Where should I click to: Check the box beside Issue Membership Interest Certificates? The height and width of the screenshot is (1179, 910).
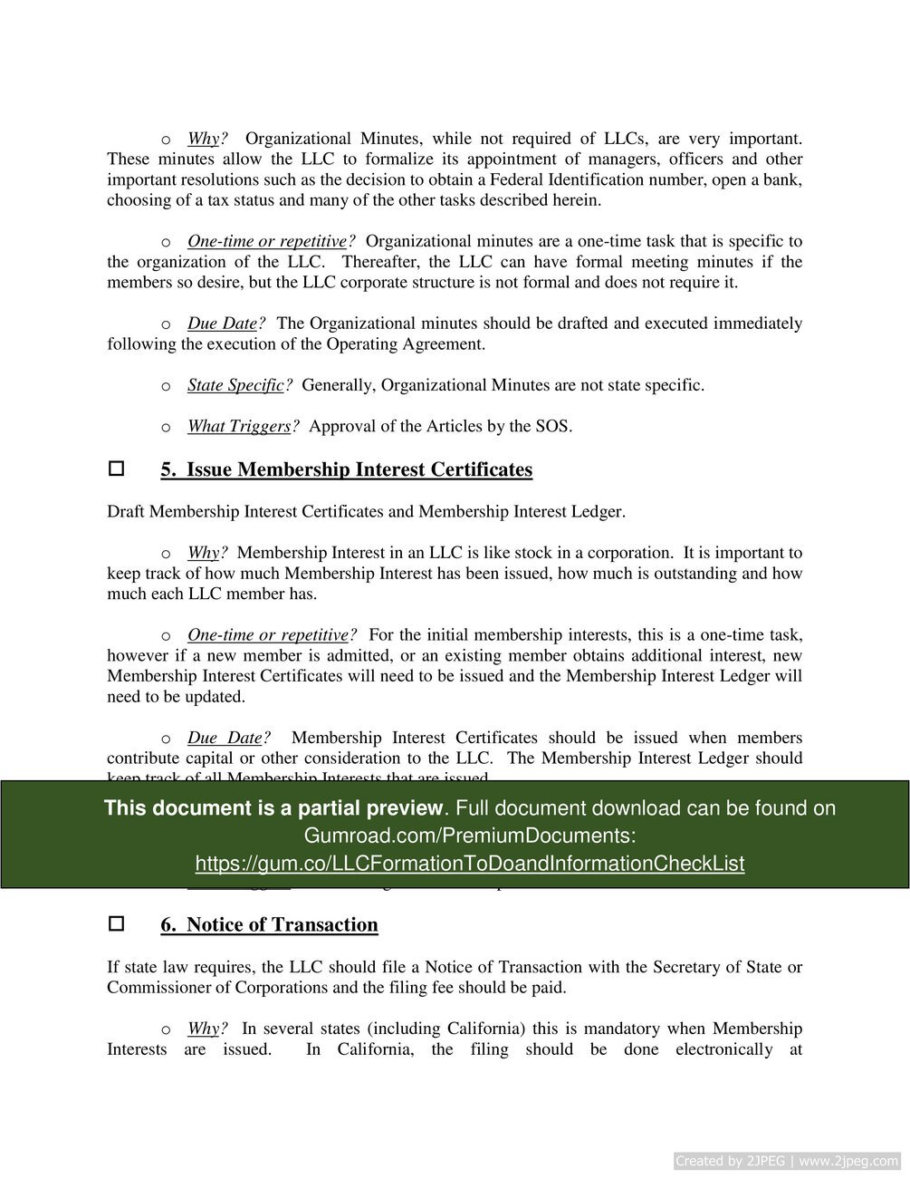tap(116, 469)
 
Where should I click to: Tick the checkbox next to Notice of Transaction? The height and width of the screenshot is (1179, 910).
tap(116, 924)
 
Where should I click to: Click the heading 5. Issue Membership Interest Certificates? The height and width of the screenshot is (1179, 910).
tap(346, 469)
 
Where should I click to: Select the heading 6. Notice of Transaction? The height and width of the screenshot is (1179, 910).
tap(269, 924)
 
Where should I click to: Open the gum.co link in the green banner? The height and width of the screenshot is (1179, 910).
tap(469, 864)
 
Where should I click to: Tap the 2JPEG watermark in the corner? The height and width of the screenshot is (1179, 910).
tap(786, 1161)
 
